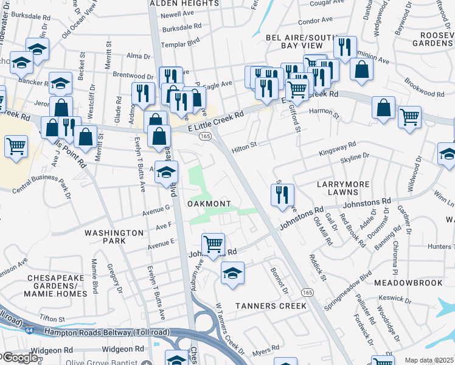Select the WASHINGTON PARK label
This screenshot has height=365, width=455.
pyautogui.click(x=114, y=237)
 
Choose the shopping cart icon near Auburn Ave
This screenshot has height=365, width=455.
pyautogui.click(x=213, y=245)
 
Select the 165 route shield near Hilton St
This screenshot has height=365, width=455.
pyautogui.click(x=206, y=137)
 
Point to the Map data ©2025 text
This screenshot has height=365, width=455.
pyautogui.click(x=429, y=360)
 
